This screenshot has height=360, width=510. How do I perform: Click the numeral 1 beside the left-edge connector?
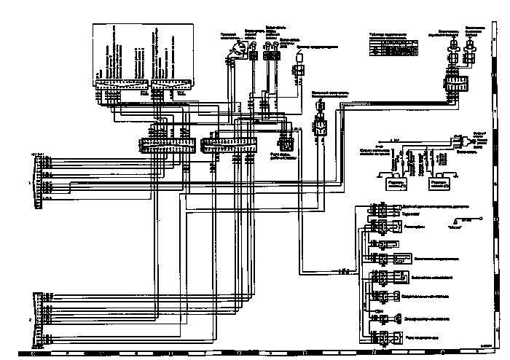29,181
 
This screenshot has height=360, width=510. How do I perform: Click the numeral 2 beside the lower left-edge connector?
29,319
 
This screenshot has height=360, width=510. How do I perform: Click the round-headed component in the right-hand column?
398,318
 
